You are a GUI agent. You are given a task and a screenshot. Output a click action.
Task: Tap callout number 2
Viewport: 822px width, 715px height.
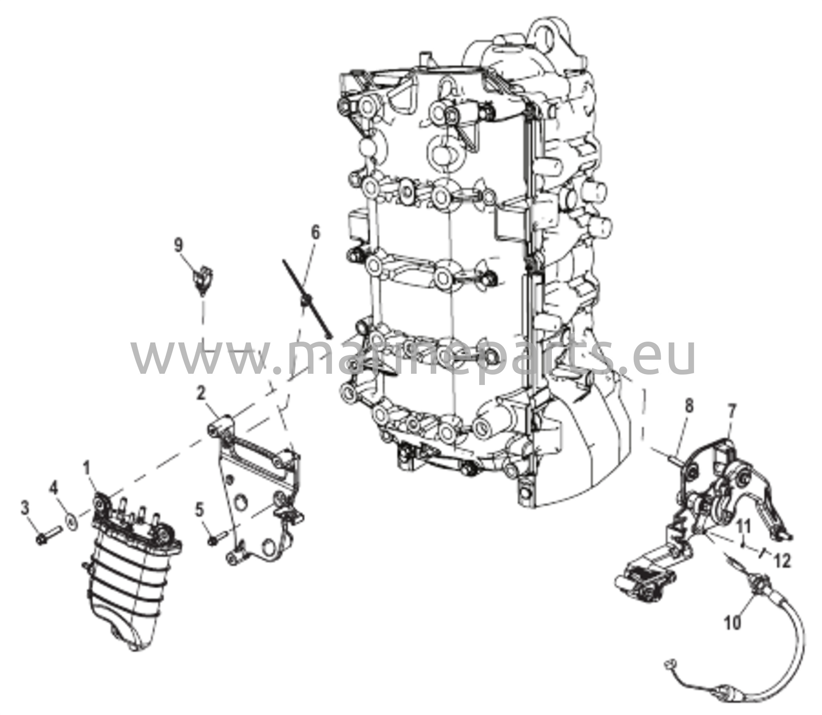pyautogui.click(x=203, y=395)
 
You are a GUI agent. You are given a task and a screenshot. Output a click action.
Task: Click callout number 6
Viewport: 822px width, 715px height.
pyautogui.click(x=316, y=232)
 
